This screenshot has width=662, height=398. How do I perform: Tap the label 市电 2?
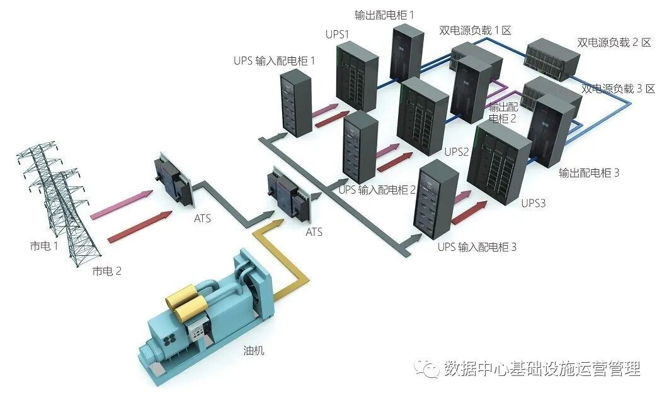click(x=106, y=271)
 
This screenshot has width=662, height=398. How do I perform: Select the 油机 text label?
click(x=254, y=350)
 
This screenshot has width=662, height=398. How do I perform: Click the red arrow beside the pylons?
click(x=140, y=227)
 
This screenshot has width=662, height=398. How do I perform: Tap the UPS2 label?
click(x=457, y=152)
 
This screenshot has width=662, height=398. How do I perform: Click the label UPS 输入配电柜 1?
click(x=274, y=61)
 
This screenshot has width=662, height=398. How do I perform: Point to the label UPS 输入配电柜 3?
click(x=477, y=247)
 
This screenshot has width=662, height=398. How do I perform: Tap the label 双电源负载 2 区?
click(x=613, y=42)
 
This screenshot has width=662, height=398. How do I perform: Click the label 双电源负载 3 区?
click(x=618, y=89)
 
